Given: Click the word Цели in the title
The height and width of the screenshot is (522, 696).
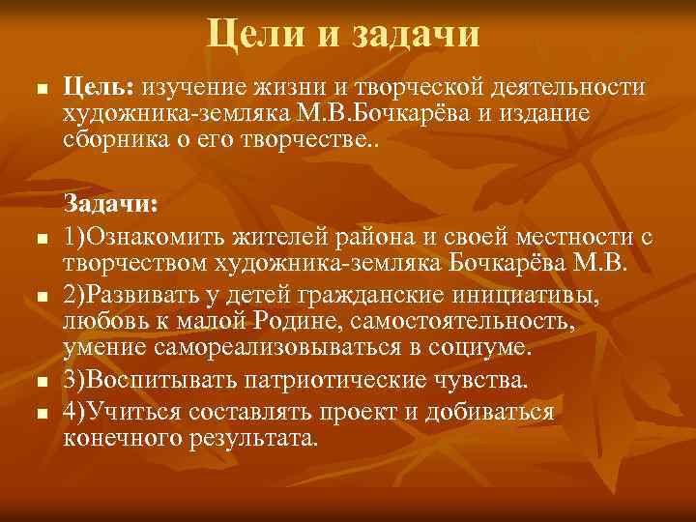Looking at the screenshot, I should point(250,35).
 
